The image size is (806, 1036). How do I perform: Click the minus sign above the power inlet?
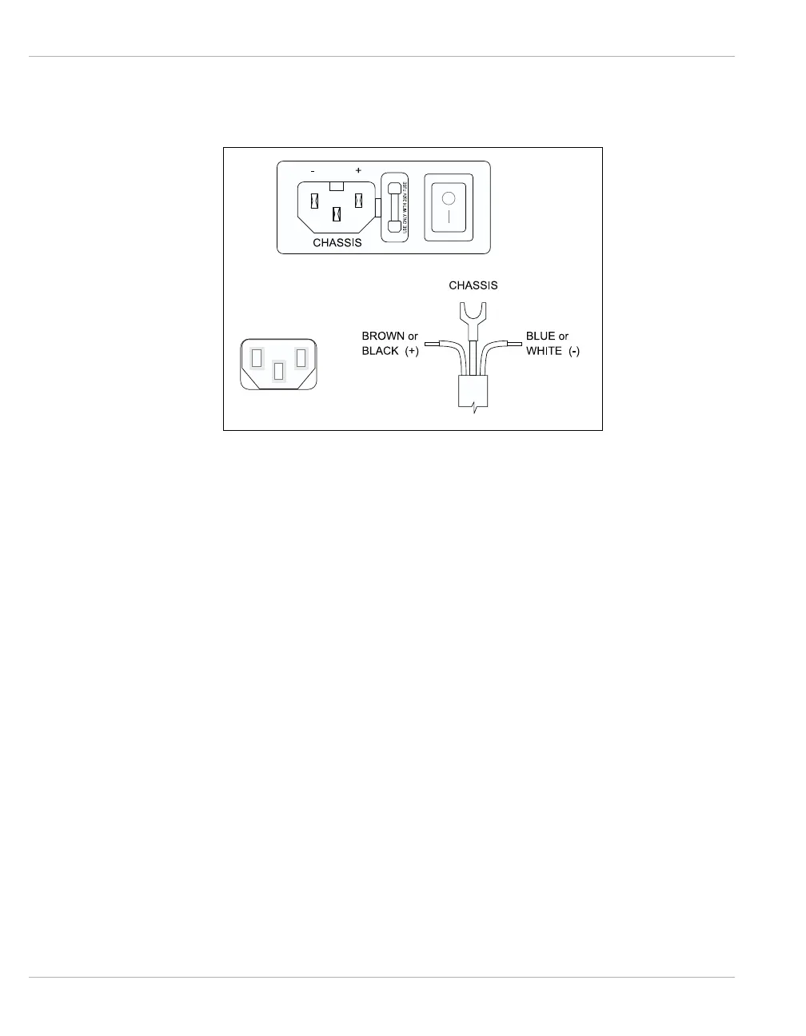pos(313,171)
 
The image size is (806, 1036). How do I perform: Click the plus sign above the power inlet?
pos(358,171)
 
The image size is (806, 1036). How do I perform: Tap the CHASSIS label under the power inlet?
pos(337,242)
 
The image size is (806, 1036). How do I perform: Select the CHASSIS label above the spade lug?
pos(473,285)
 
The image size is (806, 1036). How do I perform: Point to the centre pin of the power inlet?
pos(337,214)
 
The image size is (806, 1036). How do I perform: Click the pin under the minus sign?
pos(315,201)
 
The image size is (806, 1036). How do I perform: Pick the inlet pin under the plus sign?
pos(359,201)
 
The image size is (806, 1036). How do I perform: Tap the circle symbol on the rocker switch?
pos(449,197)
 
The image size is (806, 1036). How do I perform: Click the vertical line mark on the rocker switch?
pos(449,217)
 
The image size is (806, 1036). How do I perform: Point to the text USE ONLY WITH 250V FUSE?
pos(405,207)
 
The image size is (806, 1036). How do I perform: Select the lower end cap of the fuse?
pos(393,227)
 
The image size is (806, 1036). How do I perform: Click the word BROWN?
pos(383,337)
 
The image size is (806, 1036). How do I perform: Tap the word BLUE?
pos(540,337)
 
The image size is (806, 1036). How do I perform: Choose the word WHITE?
pos(544,351)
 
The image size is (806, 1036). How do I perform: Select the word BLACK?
pos(380,351)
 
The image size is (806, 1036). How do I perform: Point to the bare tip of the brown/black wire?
pos(433,345)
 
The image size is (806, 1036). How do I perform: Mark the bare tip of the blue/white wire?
pos(514,345)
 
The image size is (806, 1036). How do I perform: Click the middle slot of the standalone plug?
pos(278,372)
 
